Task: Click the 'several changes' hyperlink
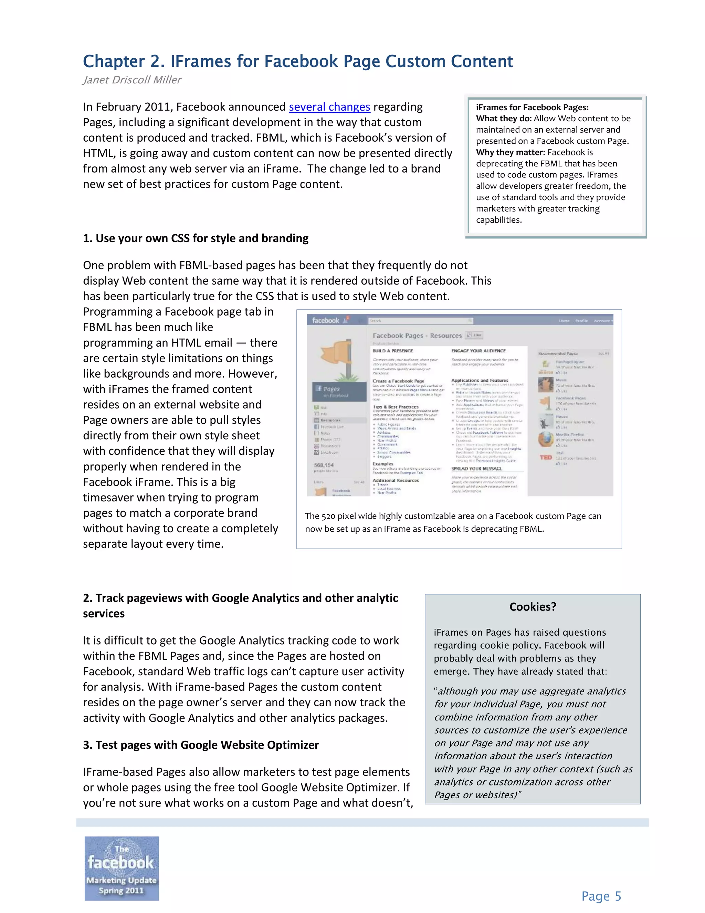click(x=329, y=107)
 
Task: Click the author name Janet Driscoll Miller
click(x=132, y=80)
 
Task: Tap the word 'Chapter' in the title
click(x=114, y=61)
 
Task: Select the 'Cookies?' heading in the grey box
click(x=533, y=607)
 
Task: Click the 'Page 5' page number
click(x=601, y=896)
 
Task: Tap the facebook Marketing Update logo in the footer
click(x=122, y=868)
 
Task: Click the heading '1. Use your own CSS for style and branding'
click(x=196, y=238)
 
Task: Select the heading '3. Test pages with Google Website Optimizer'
click(x=200, y=745)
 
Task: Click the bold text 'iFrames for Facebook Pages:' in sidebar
click(x=532, y=107)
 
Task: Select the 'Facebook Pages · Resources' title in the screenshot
click(x=417, y=335)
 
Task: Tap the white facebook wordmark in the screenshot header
click(x=325, y=321)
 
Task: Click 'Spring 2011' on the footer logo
click(x=121, y=890)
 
